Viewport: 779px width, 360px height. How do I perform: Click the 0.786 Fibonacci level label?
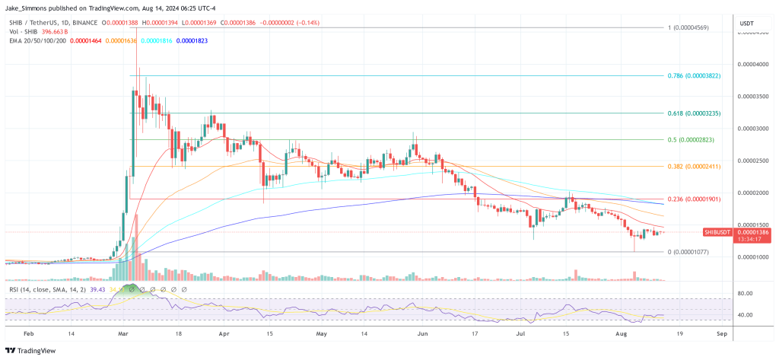pyautogui.click(x=695, y=76)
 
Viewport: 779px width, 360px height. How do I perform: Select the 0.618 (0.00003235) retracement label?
pyautogui.click(x=695, y=113)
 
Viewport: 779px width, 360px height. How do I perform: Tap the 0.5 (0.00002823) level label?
pyautogui.click(x=694, y=140)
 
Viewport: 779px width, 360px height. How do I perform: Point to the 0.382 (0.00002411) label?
pyautogui.click(x=695, y=166)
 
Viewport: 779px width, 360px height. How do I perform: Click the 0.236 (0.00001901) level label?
pyautogui.click(x=695, y=199)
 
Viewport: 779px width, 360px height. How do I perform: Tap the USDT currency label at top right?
pyautogui.click(x=746, y=24)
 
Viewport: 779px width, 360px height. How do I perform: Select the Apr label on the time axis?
pyautogui.click(x=224, y=334)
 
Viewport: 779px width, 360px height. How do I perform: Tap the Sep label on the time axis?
pyautogui.click(x=721, y=334)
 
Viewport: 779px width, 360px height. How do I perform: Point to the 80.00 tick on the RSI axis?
pyautogui.click(x=746, y=293)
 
